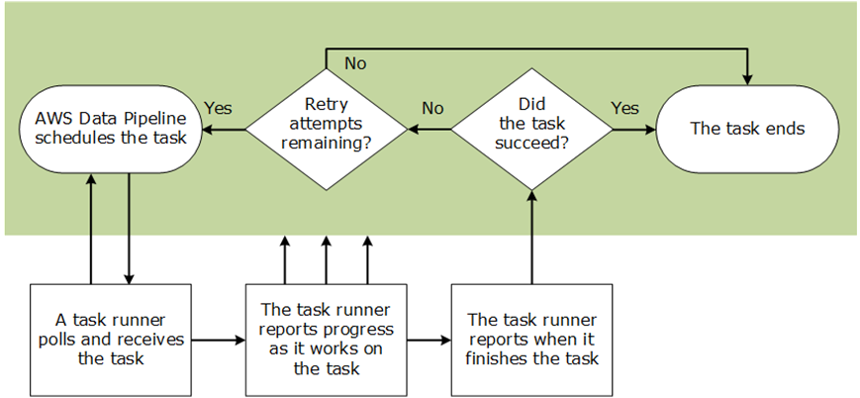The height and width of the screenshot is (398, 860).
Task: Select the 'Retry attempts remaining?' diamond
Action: coord(326,128)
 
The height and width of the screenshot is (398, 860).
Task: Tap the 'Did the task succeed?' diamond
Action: coord(531,128)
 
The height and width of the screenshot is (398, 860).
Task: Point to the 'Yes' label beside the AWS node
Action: coord(218,107)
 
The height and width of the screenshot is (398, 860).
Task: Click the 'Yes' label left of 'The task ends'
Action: coord(624,107)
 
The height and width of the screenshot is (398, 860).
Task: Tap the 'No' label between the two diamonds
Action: coord(432,107)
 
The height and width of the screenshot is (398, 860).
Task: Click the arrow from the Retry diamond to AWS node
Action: coord(223,129)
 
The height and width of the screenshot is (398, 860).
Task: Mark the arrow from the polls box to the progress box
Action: coord(218,341)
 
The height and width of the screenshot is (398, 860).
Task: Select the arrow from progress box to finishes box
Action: coord(428,341)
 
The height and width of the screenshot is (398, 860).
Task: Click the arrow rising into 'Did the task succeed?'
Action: coord(532,238)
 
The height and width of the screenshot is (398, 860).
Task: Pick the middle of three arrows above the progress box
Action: coord(326,259)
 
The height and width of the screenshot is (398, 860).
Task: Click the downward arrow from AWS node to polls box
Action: coord(130,228)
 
